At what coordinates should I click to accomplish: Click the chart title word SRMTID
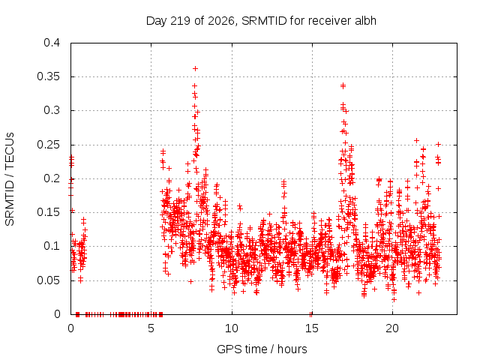[264, 21]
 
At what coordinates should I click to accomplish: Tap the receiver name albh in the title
[365, 21]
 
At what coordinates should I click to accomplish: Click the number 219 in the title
[180, 21]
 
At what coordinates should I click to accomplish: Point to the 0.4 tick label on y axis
[52, 43]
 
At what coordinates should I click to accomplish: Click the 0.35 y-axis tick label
[48, 76]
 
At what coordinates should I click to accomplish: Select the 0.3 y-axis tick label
[52, 110]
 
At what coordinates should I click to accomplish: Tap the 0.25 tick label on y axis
[48, 145]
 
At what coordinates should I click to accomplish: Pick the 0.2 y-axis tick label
[52, 178]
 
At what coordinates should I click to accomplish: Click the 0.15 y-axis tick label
[48, 212]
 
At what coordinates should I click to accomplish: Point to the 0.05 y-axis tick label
[48, 280]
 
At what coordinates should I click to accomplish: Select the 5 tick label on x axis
[151, 328]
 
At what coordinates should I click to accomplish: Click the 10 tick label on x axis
[232, 328]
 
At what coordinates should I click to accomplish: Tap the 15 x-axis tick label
[312, 328]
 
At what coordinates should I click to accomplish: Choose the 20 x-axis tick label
[392, 328]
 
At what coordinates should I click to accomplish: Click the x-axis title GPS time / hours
[262, 349]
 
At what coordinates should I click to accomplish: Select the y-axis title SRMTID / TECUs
[10, 179]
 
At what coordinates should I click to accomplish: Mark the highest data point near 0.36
[195, 68]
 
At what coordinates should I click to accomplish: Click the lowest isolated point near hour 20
[394, 299]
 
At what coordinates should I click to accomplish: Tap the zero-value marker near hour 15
[310, 314]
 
